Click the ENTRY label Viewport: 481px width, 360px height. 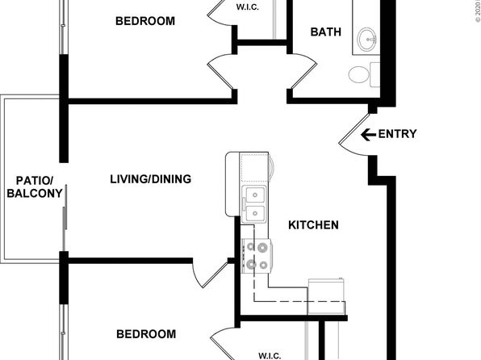(x=397, y=134)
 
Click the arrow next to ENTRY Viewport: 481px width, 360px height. (x=369, y=135)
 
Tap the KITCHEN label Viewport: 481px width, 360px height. (x=313, y=225)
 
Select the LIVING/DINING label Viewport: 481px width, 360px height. (x=151, y=179)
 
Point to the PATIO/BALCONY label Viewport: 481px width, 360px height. (x=35, y=187)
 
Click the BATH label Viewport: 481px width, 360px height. (x=325, y=32)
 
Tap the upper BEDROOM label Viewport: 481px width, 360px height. (x=145, y=21)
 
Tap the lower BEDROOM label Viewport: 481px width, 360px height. (x=146, y=334)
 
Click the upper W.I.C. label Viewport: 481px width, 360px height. (x=247, y=7)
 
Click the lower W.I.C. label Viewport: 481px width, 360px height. (x=270, y=356)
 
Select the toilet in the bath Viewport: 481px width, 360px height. (x=364, y=74)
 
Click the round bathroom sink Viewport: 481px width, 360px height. (x=367, y=39)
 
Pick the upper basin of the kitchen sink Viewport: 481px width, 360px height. (x=254, y=195)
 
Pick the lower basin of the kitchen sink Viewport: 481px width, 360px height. (x=254, y=212)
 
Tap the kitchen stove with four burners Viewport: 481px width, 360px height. (x=257, y=256)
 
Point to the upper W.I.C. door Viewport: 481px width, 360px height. (x=220, y=12)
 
